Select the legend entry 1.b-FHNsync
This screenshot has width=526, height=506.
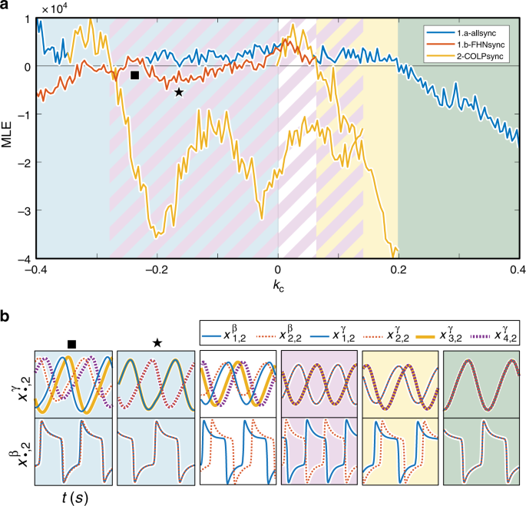[x=474, y=44]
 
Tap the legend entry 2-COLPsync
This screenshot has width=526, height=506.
[x=474, y=54]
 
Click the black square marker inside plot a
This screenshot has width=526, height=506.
[x=134, y=75]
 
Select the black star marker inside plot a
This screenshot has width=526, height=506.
[x=179, y=92]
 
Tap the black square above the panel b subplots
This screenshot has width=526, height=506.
[x=72, y=343]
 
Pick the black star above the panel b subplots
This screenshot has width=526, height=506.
[x=157, y=343]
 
